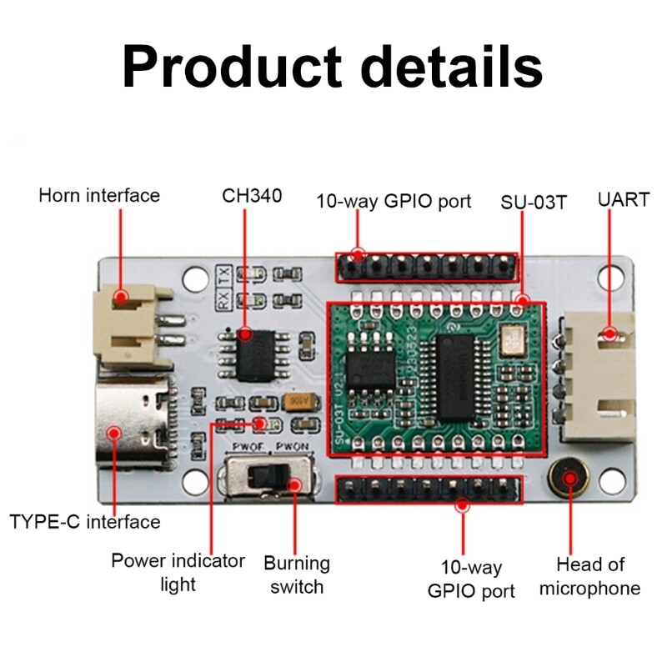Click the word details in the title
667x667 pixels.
[449, 67]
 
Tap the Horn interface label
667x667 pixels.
[99, 195]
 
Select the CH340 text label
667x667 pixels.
[252, 195]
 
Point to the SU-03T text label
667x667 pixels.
[534, 202]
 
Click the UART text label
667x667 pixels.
[622, 200]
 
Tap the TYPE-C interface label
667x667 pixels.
[85, 522]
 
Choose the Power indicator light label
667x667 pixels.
[178, 571]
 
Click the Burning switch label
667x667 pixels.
[297, 574]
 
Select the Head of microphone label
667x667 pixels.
[589, 576]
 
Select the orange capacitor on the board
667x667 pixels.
[294, 402]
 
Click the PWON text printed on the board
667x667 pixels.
[293, 447]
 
